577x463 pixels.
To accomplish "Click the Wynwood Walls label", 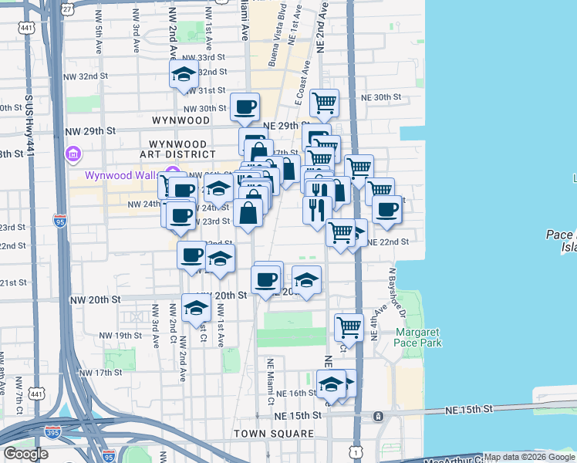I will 122,175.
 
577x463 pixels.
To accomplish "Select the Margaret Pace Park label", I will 419,337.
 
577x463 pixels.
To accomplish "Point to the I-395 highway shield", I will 52,433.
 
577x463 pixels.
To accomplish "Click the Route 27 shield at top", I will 68,8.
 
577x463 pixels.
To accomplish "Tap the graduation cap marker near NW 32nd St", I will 184,74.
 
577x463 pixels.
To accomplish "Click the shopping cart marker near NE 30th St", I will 324,102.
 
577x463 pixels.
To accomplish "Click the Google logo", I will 25,454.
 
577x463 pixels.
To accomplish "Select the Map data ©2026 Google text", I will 529,457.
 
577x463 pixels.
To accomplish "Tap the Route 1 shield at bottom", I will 355,448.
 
